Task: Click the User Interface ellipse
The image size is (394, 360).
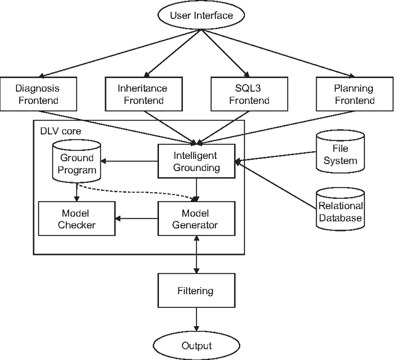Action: [x=196, y=16]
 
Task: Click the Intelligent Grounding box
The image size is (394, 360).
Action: [x=196, y=161]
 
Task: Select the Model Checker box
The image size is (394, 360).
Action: [x=77, y=218]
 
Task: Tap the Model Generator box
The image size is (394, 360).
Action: [x=196, y=218]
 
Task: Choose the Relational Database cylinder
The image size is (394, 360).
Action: [x=340, y=209]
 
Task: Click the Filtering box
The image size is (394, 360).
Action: [x=196, y=290]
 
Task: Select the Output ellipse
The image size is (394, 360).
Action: [x=196, y=345]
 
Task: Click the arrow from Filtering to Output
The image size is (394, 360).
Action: [x=196, y=319]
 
